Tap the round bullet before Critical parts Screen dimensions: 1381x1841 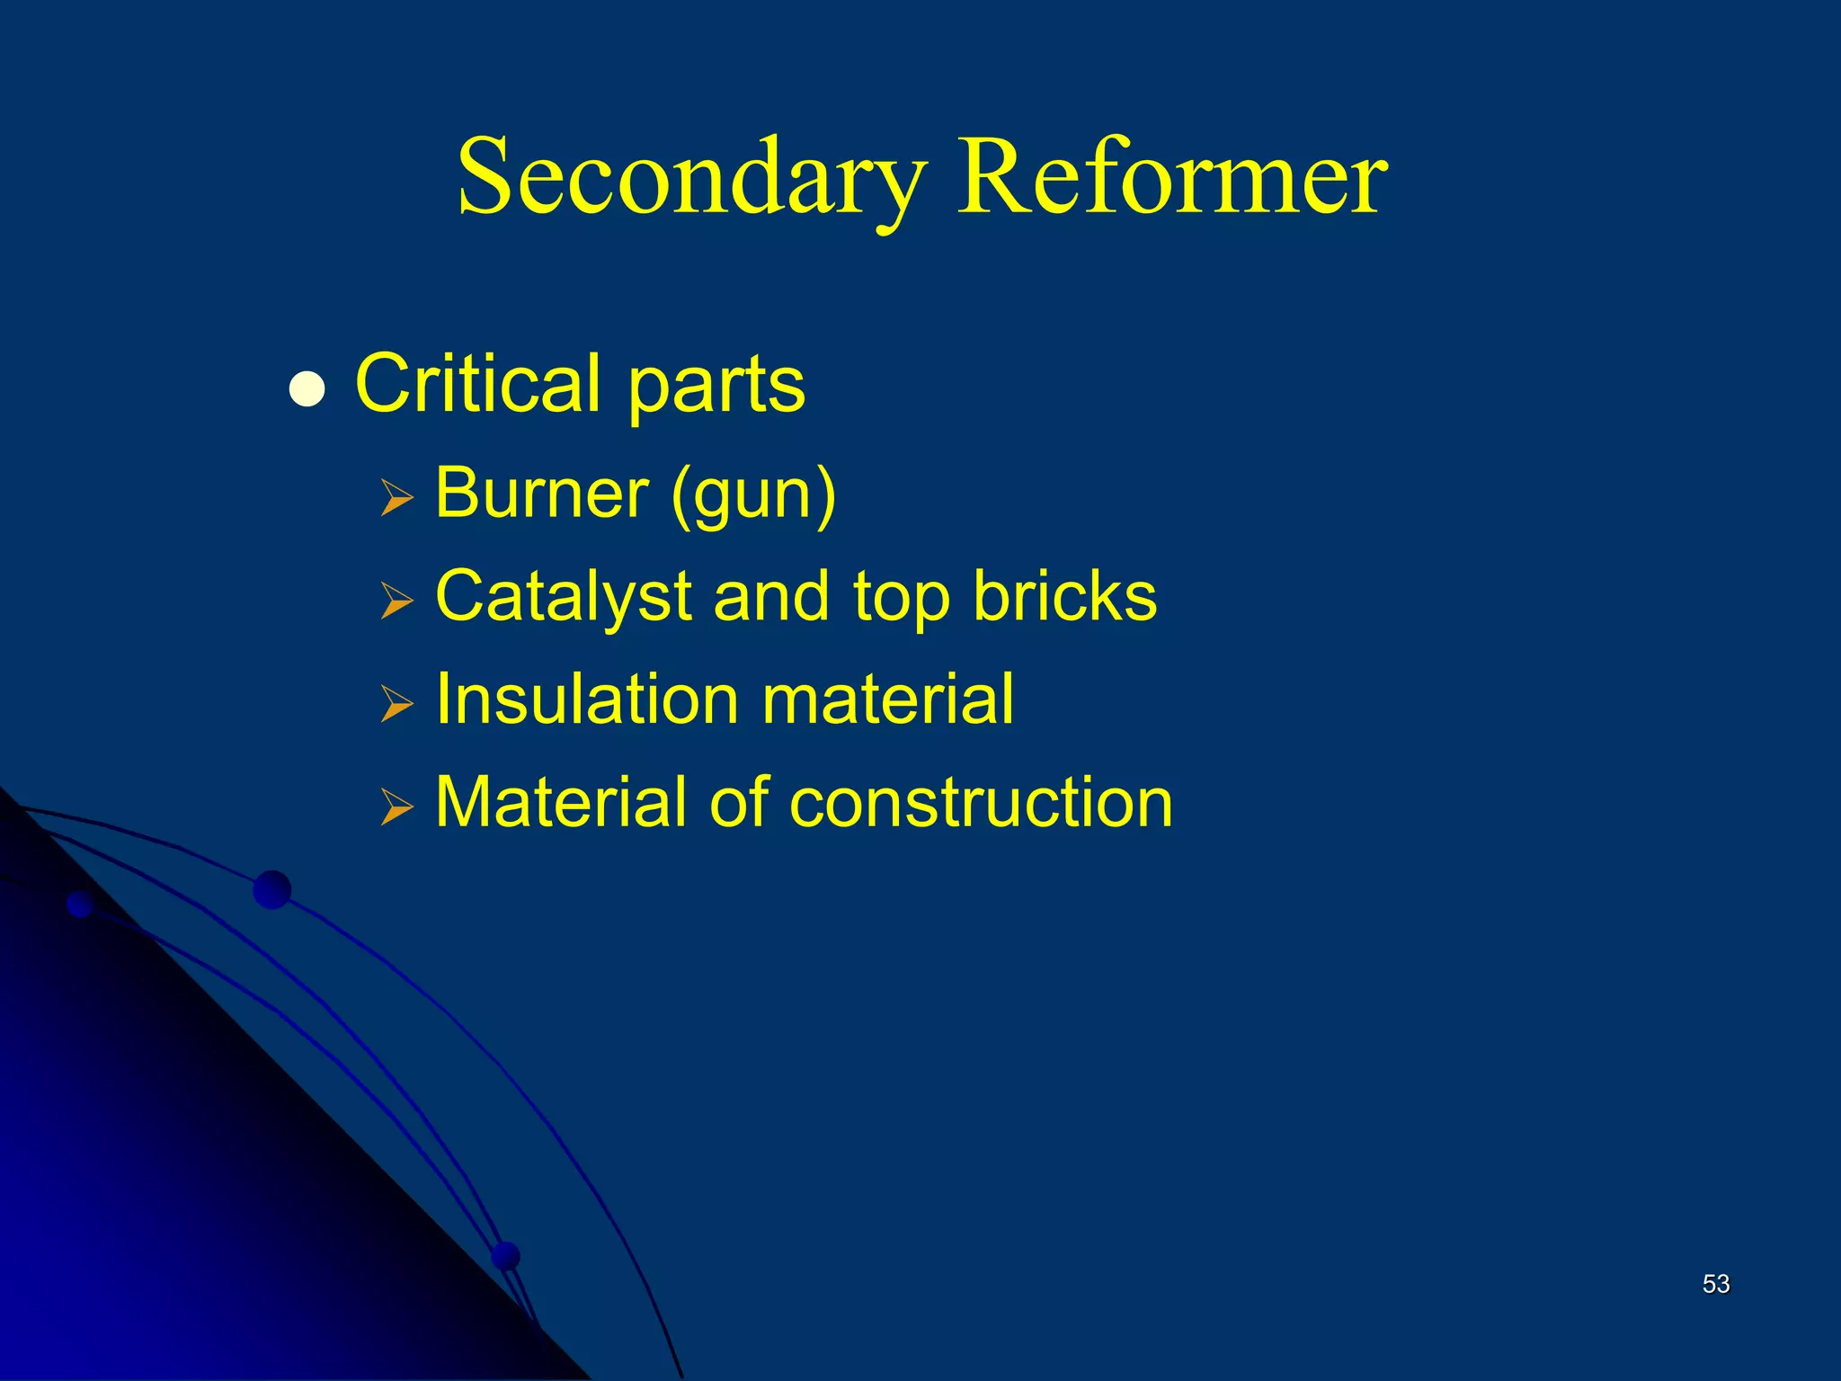click(x=307, y=390)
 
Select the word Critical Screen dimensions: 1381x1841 click(x=477, y=384)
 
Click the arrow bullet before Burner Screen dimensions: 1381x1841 click(x=396, y=497)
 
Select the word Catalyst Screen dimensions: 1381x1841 click(x=563, y=597)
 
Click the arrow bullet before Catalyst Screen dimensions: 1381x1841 click(x=396, y=600)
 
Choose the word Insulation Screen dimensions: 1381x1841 click(x=587, y=699)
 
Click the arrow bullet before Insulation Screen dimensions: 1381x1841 click(x=396, y=703)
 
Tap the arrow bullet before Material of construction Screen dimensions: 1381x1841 click(x=396, y=806)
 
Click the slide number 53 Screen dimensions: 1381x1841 click(x=1716, y=1284)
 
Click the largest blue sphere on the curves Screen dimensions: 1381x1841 click(x=272, y=890)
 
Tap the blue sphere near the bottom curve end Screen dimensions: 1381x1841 click(x=506, y=1255)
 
